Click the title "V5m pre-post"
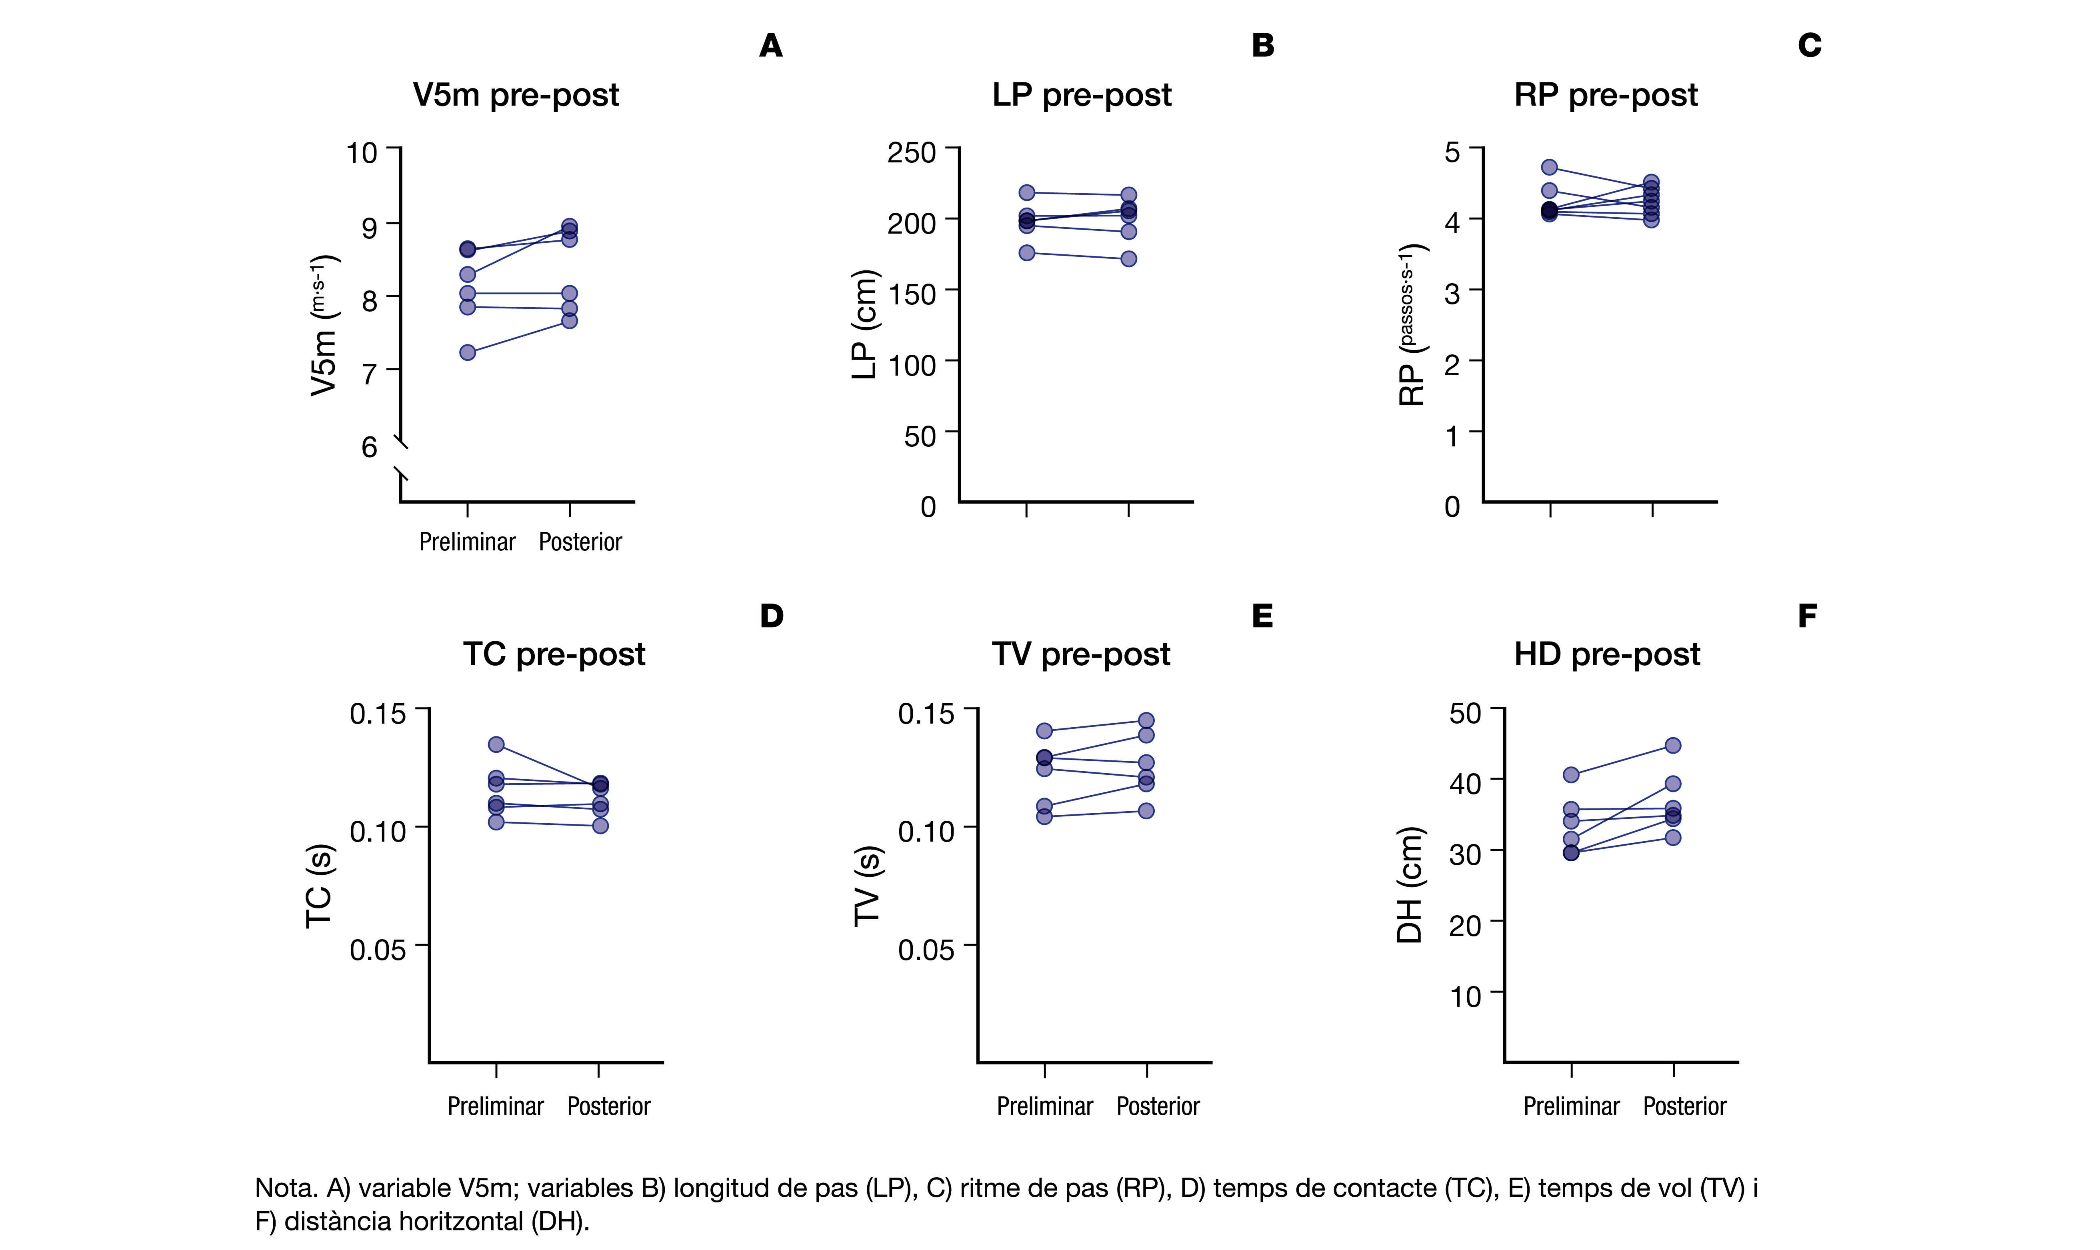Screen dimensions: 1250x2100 [516, 95]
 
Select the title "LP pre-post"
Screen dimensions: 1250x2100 [1082, 95]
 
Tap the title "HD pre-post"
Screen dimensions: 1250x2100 [1606, 654]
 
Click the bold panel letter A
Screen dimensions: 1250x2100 [771, 46]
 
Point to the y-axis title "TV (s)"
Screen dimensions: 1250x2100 [867, 886]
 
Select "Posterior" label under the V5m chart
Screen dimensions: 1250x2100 [580, 542]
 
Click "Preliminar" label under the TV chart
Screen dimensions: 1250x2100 [1044, 1106]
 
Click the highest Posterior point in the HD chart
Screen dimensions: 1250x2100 [1673, 746]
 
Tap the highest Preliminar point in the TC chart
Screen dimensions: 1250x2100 [496, 745]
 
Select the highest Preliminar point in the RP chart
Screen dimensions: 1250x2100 [1549, 167]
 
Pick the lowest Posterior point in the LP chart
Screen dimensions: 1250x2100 [1129, 258]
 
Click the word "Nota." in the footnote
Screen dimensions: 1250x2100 [286, 1188]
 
